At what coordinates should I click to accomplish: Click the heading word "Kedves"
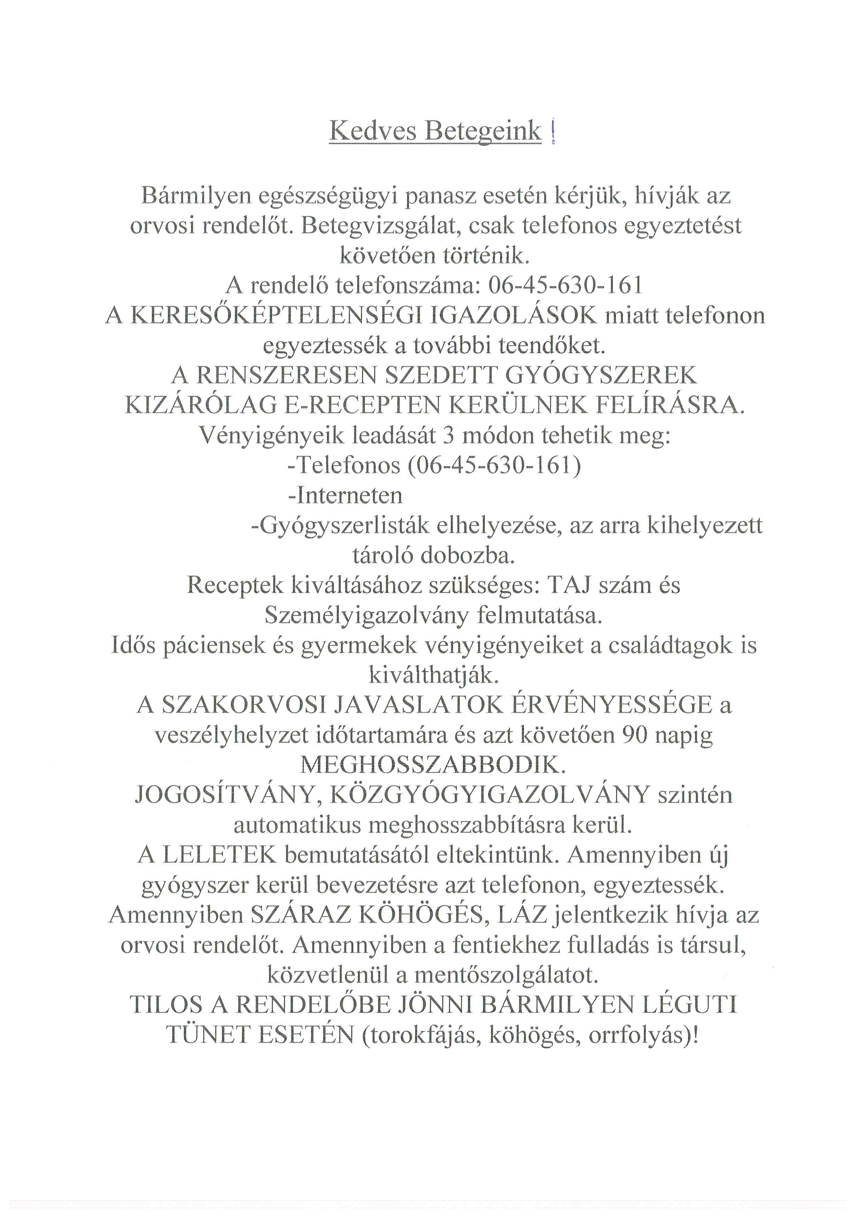click(372, 131)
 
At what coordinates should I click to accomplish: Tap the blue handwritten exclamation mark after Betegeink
click(553, 132)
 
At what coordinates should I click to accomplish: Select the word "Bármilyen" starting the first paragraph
click(196, 196)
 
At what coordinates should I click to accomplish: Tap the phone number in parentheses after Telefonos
click(494, 466)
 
